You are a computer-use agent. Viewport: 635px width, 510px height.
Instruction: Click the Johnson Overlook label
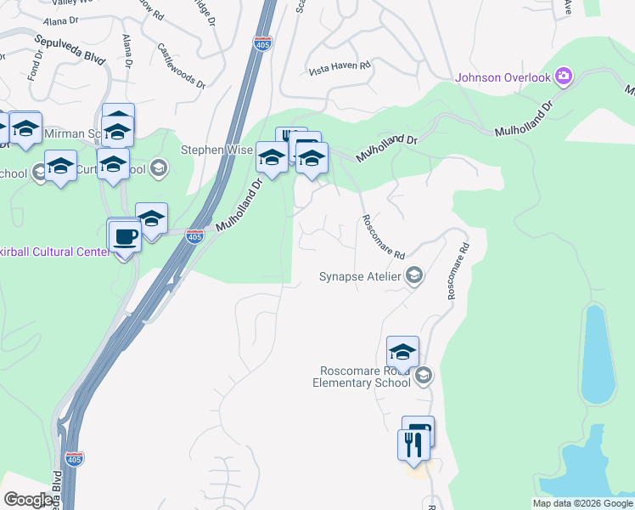click(503, 77)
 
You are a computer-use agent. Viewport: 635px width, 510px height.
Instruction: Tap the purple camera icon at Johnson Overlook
click(563, 77)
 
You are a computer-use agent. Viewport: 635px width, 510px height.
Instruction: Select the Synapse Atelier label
click(361, 276)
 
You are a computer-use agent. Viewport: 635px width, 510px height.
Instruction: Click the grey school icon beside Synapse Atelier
click(414, 275)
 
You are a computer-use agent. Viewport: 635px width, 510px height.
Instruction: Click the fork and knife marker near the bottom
click(413, 445)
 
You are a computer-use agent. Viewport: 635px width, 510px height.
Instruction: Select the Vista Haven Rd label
click(340, 65)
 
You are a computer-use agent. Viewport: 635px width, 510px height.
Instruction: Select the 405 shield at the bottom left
click(75, 456)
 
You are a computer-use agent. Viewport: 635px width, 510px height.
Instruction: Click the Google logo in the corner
click(27, 500)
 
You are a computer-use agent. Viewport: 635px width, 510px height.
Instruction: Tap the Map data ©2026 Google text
click(582, 503)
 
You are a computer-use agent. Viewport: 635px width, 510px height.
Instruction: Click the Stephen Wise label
click(217, 150)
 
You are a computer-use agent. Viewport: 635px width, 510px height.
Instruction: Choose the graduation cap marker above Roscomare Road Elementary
click(402, 351)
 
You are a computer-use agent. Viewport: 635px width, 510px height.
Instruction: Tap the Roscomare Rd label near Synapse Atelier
click(383, 237)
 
